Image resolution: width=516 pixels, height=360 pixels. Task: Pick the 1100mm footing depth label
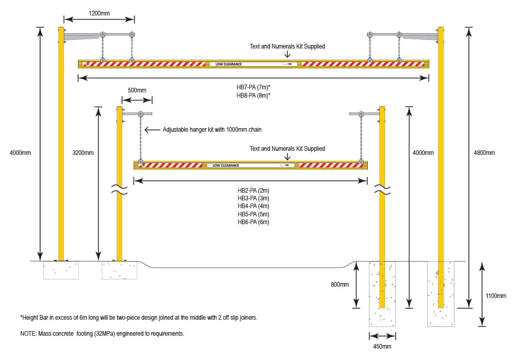click(496, 296)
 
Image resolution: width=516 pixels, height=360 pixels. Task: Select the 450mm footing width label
click(382, 347)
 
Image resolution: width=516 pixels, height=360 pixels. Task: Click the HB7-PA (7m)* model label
click(253, 87)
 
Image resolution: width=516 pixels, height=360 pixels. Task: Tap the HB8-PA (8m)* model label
click(253, 96)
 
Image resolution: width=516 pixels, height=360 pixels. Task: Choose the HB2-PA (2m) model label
click(253, 190)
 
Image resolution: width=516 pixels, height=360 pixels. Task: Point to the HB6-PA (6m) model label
click(253, 222)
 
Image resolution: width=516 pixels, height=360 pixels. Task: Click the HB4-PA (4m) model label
click(253, 206)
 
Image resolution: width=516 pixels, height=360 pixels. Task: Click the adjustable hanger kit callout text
click(212, 130)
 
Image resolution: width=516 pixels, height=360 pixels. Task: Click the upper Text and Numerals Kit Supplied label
click(287, 46)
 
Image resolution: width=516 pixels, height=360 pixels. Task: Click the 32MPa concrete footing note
click(102, 334)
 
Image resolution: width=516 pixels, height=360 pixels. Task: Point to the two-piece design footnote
click(138, 317)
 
